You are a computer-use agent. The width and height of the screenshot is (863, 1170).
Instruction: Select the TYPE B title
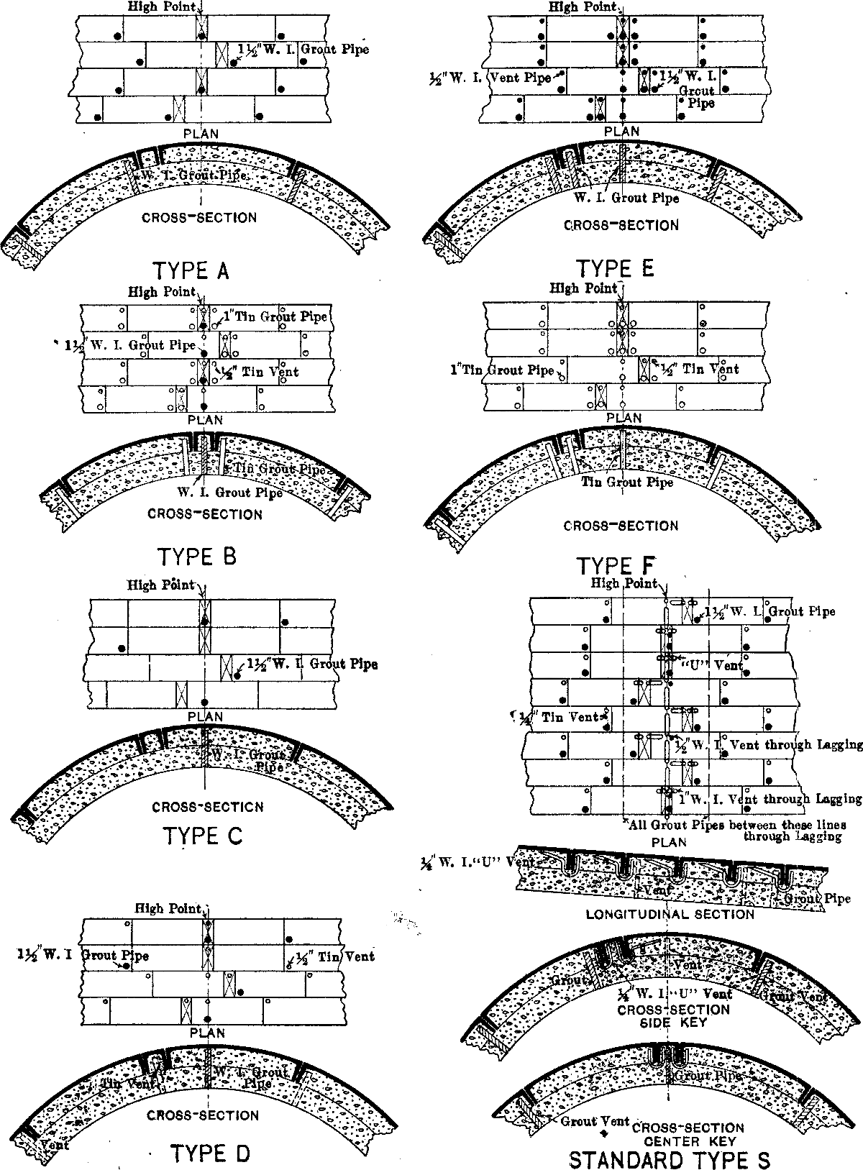click(196, 557)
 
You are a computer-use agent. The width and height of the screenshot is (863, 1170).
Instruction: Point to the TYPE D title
click(210, 1153)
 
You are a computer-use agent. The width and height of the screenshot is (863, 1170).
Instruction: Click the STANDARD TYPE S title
click(669, 1159)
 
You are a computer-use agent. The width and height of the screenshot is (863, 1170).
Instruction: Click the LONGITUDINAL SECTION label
click(670, 915)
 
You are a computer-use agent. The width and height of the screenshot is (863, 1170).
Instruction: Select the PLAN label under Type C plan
click(205, 716)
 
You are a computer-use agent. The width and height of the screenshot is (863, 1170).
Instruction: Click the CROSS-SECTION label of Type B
click(205, 514)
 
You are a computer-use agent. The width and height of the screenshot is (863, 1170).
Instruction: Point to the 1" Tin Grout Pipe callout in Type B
click(275, 317)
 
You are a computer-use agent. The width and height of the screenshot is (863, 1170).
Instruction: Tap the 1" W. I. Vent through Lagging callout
click(770, 798)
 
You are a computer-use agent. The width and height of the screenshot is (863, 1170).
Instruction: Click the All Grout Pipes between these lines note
click(737, 825)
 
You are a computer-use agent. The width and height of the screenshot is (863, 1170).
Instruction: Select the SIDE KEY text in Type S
click(673, 1023)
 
